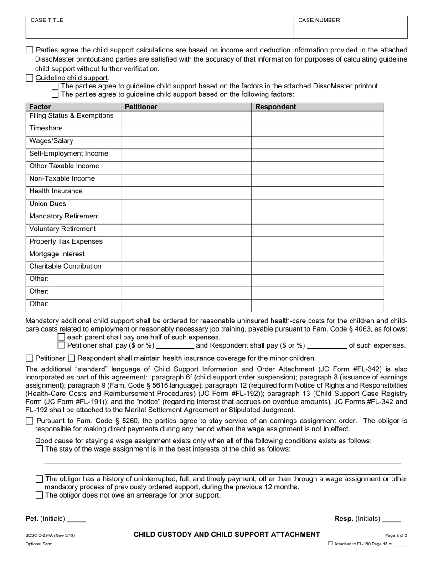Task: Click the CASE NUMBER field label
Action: pos(319,21)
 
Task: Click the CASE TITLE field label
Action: pos(47,21)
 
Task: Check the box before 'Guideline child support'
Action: pos(30,78)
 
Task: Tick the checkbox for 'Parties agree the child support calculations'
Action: pos(30,50)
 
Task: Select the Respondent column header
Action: pos(275,107)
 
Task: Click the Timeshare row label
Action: pos(46,129)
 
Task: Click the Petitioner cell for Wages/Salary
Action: pos(186,141)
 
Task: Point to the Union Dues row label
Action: pos(47,204)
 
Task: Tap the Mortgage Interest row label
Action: pos(57,254)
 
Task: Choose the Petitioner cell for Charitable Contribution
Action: pos(186,266)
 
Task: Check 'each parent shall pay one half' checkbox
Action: pos(62,337)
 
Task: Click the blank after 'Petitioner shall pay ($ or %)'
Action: pos(175,346)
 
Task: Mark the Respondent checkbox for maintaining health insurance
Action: pos(72,358)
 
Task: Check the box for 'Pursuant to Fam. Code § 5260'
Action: pos(30,421)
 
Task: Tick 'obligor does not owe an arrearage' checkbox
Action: pos(39,495)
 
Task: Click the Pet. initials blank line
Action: pos(77,519)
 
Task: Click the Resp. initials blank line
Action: pos(392,519)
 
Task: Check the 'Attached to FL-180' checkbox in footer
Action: pos(330,544)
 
